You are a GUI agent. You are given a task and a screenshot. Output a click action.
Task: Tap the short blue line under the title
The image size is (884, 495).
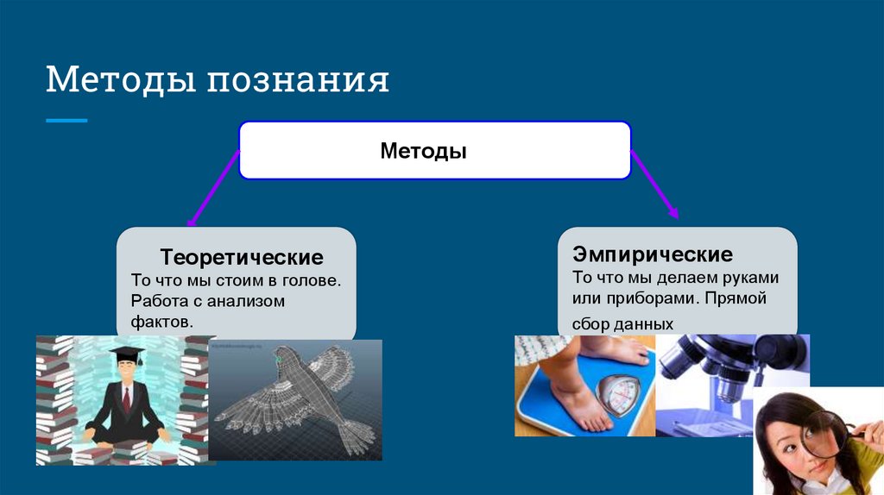(66, 121)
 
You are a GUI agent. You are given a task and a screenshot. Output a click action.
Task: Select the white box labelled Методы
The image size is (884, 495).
(434, 151)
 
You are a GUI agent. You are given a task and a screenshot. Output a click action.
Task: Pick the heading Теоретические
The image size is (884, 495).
(242, 257)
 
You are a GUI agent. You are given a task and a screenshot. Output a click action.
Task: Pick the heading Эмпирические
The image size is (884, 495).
(653, 254)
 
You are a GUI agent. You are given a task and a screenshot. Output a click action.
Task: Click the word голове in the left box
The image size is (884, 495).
(314, 280)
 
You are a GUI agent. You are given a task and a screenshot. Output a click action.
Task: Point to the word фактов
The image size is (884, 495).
(161, 321)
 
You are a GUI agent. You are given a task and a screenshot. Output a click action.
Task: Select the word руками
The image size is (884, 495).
(753, 278)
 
